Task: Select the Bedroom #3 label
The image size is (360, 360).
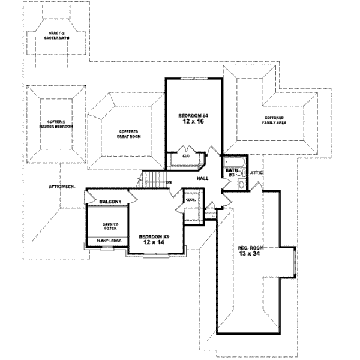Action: tap(154, 237)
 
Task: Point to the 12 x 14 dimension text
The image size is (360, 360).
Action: tap(154, 243)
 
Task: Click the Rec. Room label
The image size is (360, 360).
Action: tap(250, 248)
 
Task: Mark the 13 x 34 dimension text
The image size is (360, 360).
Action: tap(250, 254)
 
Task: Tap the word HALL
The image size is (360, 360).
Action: tap(203, 178)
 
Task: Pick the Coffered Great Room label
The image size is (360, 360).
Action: tap(128, 134)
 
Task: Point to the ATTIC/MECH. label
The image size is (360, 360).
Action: tap(61, 187)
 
